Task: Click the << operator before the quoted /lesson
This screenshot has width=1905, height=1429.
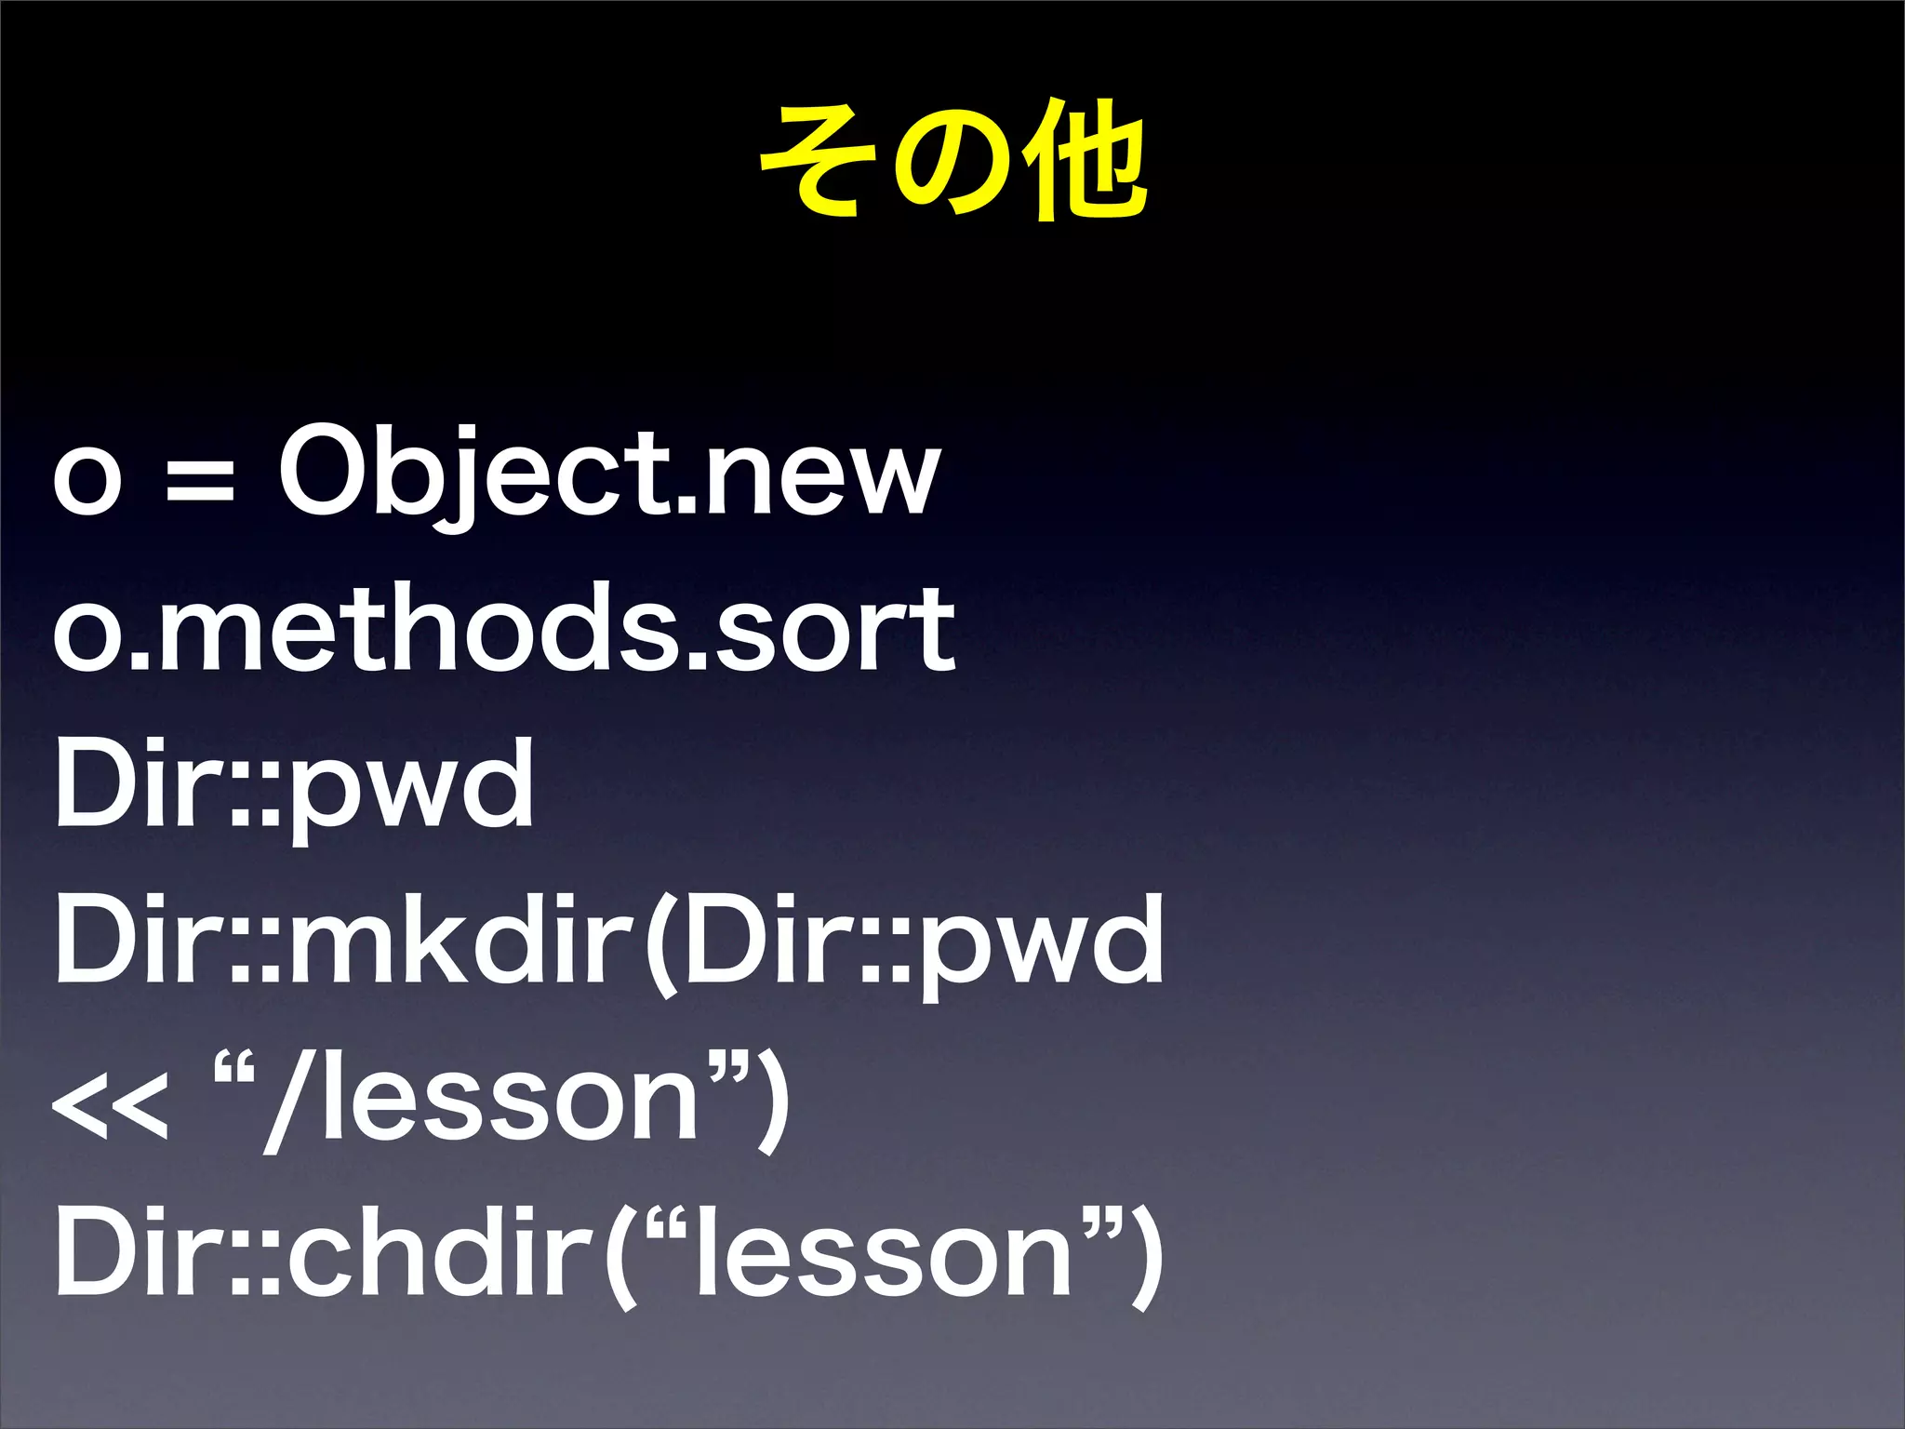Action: coord(110,1102)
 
